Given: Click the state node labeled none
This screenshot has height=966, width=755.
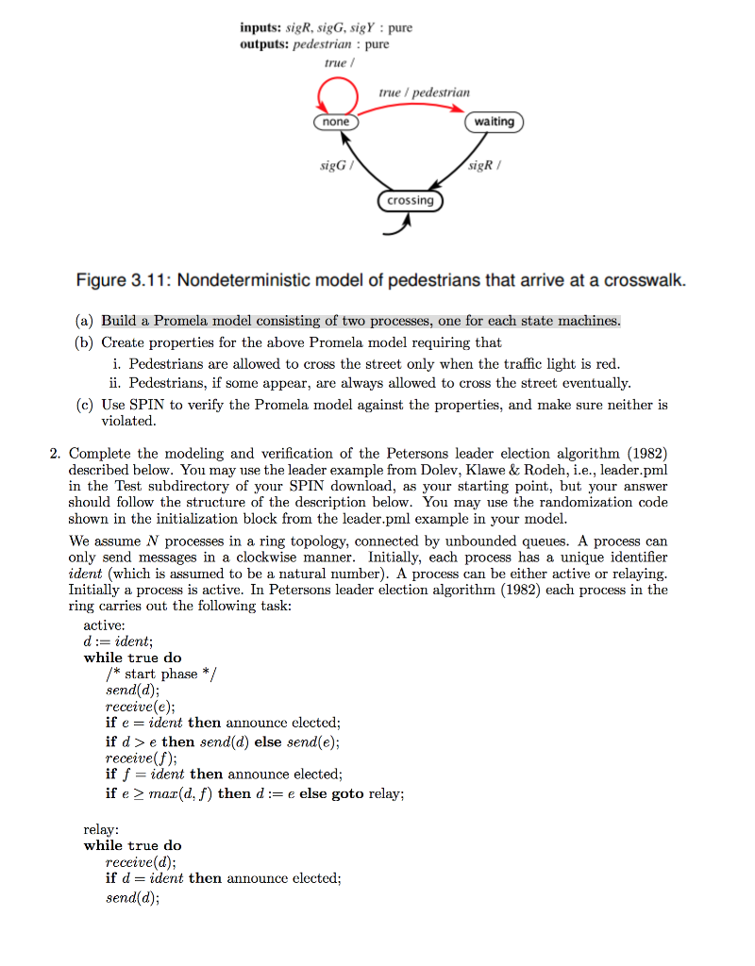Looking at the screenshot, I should point(336,123).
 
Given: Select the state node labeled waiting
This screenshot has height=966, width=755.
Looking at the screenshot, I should point(494,122).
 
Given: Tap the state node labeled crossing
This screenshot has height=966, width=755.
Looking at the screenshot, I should point(410,200).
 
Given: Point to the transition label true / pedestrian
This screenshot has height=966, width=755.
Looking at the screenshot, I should point(424,92).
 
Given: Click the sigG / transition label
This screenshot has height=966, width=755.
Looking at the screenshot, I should point(336,166).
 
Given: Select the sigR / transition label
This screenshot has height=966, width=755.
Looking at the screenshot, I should point(485,166).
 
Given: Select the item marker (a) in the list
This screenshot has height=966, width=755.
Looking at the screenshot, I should point(86,321).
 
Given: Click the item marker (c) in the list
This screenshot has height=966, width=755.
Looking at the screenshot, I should point(86,405).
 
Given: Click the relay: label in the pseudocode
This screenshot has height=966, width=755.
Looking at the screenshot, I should point(102,829).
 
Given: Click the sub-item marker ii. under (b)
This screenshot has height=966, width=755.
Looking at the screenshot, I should point(116,383).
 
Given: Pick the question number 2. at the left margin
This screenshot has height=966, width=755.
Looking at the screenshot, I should point(56,454).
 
